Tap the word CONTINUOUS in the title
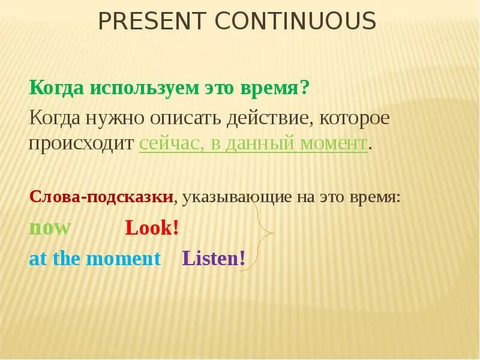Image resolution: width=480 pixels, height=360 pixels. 296,22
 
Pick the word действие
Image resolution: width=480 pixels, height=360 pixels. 268,118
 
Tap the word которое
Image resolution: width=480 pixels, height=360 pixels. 354,118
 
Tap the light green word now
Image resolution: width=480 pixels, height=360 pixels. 50,228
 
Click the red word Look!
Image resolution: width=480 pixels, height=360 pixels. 152,228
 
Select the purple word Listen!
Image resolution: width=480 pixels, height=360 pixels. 214,259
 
